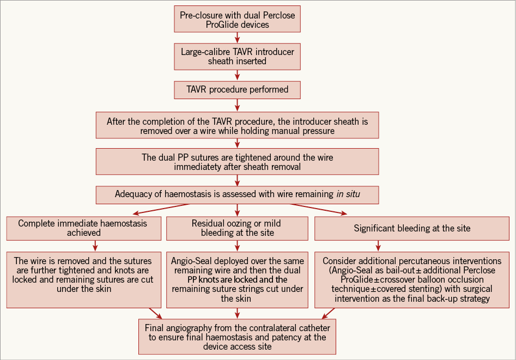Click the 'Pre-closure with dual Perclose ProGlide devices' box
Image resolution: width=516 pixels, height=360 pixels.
pos(237,20)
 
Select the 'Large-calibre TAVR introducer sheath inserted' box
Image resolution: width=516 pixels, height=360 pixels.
pos(237,56)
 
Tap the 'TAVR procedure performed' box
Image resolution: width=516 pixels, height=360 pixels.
pos(237,89)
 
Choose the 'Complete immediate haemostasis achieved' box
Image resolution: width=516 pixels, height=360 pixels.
pos(84,228)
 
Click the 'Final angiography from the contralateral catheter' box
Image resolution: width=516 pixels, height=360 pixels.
pos(237,337)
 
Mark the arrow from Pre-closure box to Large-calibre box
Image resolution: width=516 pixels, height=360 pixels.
pos(237,38)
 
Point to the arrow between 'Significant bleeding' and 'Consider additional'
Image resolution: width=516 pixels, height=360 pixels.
pos(378,246)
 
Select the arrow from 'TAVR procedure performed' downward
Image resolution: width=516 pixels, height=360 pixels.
pos(237,105)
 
